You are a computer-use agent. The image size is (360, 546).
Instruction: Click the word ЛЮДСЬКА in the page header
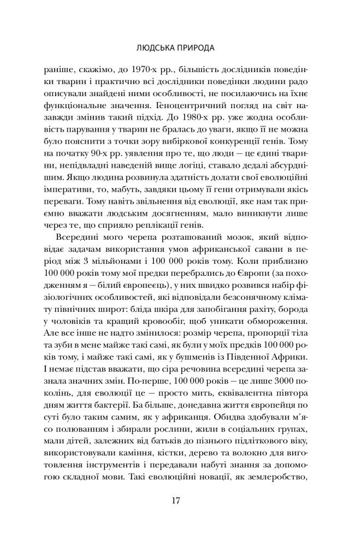click(158, 48)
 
